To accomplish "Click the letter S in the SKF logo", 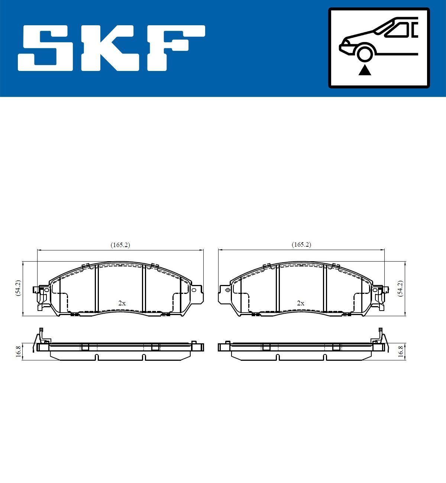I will click(46, 48).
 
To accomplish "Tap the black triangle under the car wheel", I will click(365, 70).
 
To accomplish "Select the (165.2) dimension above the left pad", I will click(120, 245).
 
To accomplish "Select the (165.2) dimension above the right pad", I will click(301, 244).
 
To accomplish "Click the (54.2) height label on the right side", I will click(400, 288).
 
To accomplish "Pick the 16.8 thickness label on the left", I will click(17, 351).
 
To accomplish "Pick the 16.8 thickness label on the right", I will click(400, 351).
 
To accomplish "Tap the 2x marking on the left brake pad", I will click(122, 303).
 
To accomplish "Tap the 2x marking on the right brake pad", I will click(301, 303).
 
